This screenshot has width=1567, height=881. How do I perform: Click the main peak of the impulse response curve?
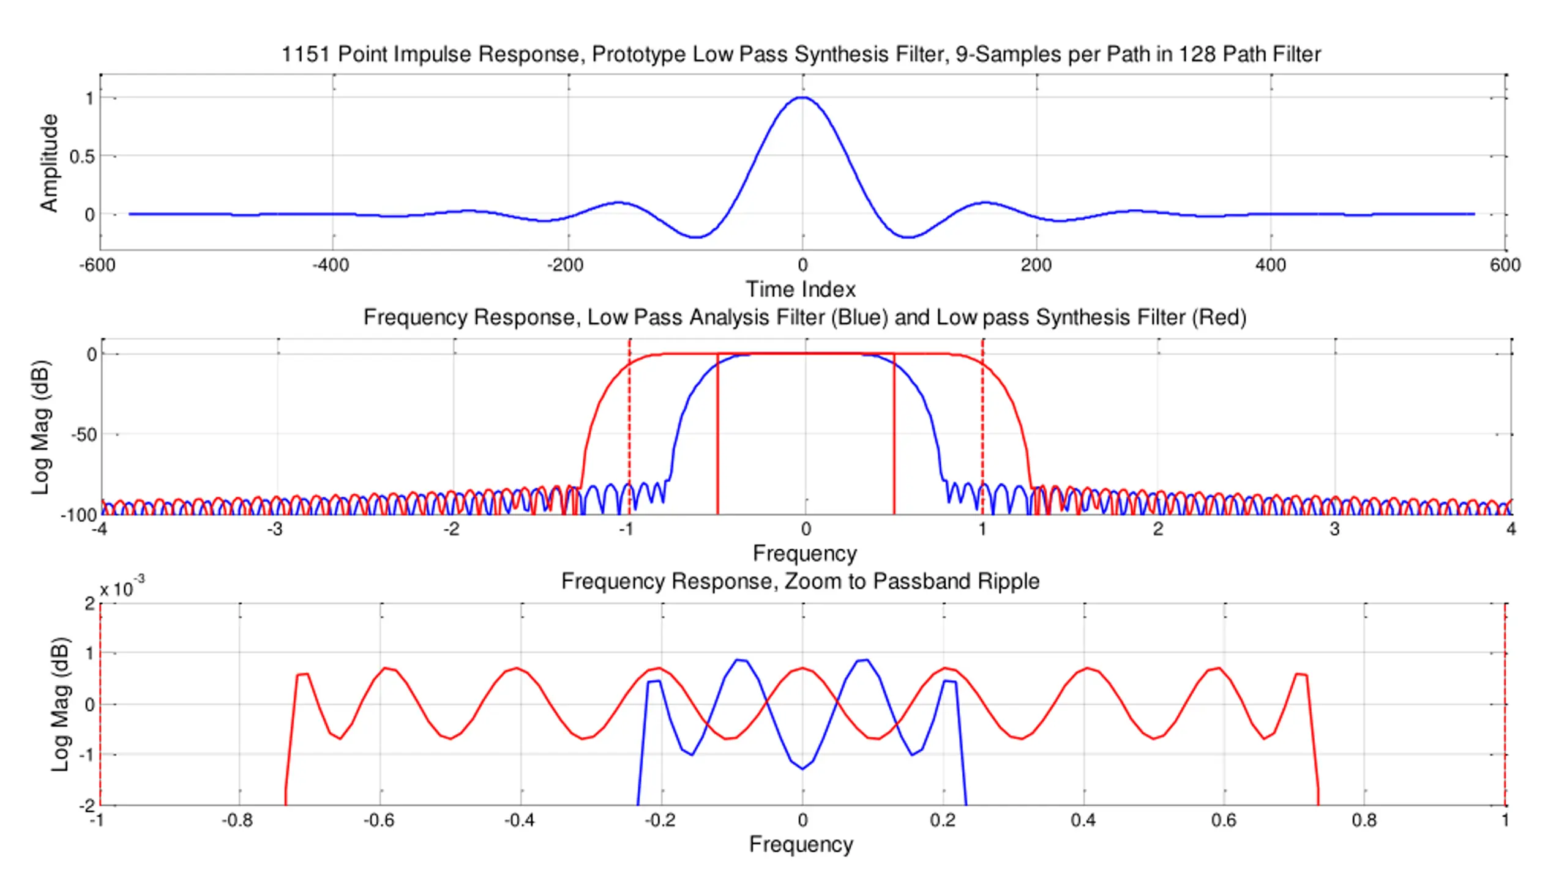point(802,98)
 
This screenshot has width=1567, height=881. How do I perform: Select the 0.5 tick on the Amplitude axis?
point(82,157)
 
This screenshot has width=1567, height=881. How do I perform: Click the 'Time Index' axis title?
point(800,289)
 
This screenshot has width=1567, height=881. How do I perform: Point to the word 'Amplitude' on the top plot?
point(49,163)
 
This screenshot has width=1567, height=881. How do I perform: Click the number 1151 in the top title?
point(304,54)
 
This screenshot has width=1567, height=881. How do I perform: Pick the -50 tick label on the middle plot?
point(83,435)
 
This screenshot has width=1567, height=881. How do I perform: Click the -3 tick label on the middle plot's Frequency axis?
point(274,529)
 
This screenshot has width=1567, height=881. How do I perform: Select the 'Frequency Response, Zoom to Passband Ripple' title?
point(800,581)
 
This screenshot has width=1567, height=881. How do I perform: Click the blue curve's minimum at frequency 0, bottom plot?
point(802,768)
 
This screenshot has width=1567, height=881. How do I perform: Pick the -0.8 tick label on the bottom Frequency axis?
point(237,820)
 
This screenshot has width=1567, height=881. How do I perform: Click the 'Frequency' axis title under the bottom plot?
point(801,845)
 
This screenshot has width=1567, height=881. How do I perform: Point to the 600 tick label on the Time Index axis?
point(1505,266)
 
